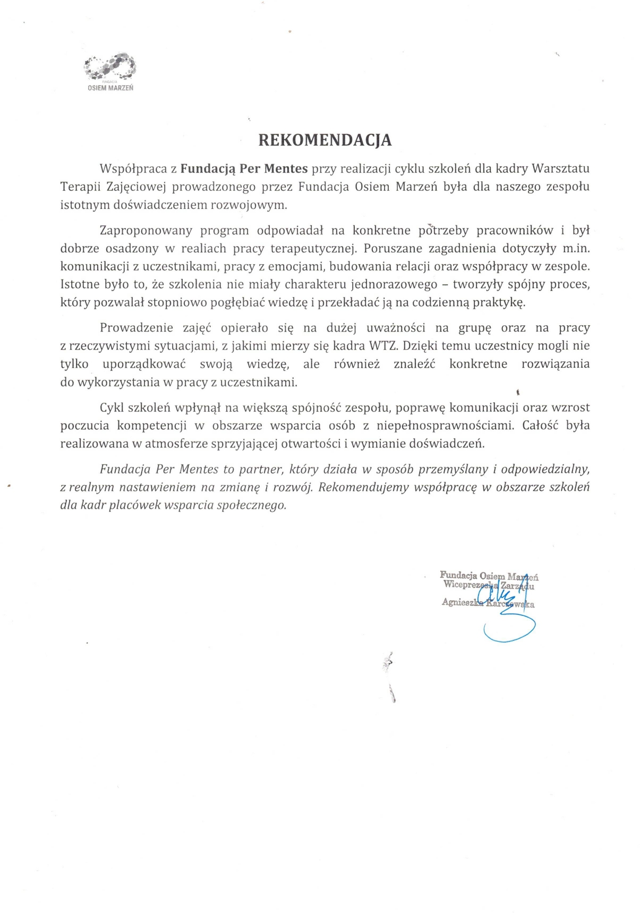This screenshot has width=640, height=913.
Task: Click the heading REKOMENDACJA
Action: (x=325, y=140)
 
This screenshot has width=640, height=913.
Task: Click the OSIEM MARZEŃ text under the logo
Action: (x=110, y=88)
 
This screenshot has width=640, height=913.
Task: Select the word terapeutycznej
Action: (x=312, y=249)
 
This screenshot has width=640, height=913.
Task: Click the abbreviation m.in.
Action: (x=576, y=249)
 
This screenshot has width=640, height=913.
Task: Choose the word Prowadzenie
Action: (x=133, y=328)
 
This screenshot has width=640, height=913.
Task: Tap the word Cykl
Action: (x=111, y=408)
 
